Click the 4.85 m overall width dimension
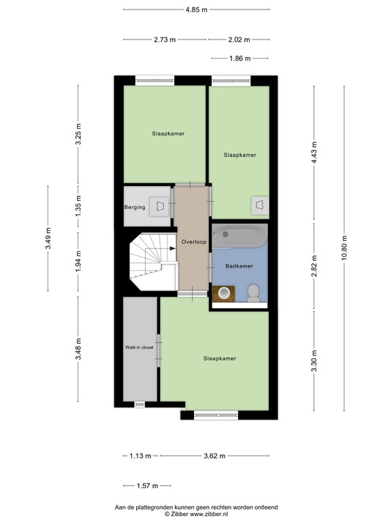click(x=197, y=10)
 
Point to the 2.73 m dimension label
click(x=165, y=39)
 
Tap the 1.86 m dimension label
click(x=240, y=59)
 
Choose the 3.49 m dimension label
click(x=48, y=238)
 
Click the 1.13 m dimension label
click(x=141, y=456)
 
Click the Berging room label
click(x=134, y=207)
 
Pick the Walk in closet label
click(x=139, y=347)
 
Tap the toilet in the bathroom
click(x=252, y=291)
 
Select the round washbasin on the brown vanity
click(x=223, y=293)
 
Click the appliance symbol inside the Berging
click(x=161, y=205)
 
